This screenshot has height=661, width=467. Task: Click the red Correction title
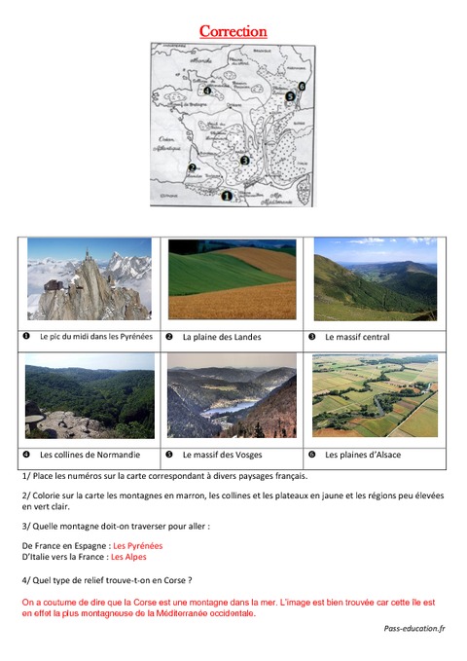coord(233,31)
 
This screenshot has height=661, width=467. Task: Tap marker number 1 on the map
coord(227,195)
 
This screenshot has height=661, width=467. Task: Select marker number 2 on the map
coord(193,166)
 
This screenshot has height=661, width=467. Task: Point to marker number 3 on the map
coord(245,160)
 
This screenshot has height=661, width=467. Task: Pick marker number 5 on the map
coord(290,96)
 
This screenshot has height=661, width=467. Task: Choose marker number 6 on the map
coord(302,86)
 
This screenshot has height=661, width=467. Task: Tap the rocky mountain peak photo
coord(90,279)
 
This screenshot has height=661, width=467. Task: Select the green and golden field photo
coord(232,279)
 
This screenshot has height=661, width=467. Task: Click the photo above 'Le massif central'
coord(375,279)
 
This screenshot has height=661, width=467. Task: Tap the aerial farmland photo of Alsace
coord(375,394)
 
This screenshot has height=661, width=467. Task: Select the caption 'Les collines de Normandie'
coord(90,455)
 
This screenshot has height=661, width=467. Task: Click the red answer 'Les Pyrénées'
coord(138,546)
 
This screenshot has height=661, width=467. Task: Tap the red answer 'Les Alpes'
coord(128,558)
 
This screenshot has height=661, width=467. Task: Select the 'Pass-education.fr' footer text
coord(413,629)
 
